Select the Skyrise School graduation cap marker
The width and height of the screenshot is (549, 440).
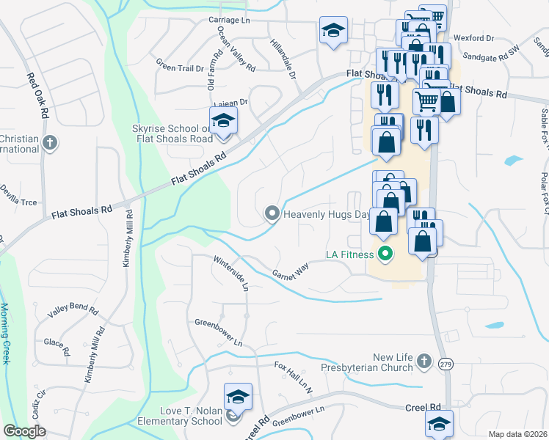[x=223, y=122]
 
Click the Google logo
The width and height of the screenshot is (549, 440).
[x=24, y=431]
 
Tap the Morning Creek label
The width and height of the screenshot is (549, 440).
[x=5, y=333]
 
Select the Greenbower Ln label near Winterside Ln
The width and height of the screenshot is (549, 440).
[x=218, y=331]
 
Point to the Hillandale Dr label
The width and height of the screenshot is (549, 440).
[x=283, y=59]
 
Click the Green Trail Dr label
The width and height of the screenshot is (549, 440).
[x=179, y=67]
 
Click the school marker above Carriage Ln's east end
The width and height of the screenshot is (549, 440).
[x=333, y=32]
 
